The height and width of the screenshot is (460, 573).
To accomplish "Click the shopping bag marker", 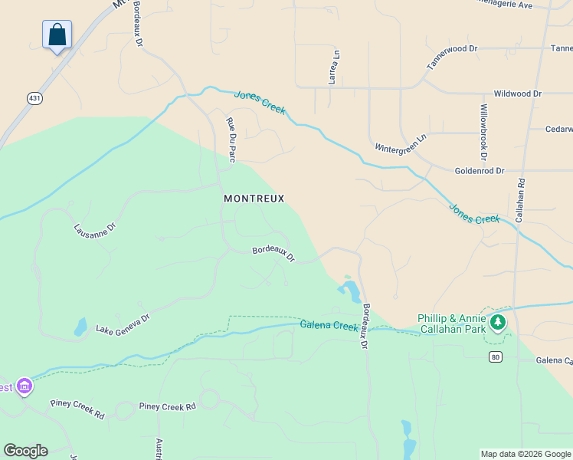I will [57, 35].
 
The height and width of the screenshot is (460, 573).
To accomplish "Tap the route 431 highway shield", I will [34, 98].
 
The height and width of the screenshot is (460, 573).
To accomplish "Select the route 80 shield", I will [496, 356].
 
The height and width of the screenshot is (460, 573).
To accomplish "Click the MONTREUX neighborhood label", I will [254, 199].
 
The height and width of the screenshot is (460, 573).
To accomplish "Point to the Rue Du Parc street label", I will [230, 140].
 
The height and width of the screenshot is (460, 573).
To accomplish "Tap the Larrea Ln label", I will [335, 67].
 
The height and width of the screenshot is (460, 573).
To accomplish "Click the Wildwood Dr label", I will [517, 94].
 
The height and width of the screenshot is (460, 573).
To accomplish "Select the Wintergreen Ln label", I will [400, 144].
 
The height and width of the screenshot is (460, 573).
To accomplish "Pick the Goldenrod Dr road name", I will [479, 171].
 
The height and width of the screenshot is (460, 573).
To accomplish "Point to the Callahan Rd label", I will [520, 201].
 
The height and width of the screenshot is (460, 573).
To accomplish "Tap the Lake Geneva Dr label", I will [123, 324].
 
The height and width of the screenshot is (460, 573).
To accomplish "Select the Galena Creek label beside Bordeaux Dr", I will [329, 326].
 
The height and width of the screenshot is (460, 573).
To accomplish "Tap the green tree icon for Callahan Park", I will [499, 322].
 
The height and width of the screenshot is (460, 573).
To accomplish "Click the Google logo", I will [25, 451].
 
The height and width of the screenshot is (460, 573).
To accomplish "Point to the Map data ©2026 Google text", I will [525, 454].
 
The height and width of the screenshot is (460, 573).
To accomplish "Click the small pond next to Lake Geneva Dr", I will [80, 327].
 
